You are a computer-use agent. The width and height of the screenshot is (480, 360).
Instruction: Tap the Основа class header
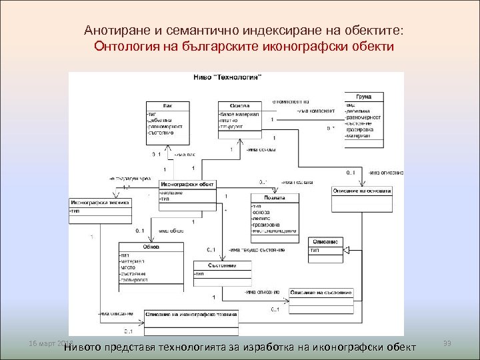pyautogui.click(x=239, y=105)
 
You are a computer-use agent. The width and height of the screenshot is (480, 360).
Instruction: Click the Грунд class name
pyautogui.click(x=363, y=96)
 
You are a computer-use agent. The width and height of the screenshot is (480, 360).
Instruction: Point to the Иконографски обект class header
pyautogui.click(x=187, y=185)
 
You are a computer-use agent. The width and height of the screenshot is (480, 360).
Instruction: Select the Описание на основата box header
pyautogui.click(x=362, y=191)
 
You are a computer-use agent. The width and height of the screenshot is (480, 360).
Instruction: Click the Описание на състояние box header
pyautogui.click(x=321, y=294)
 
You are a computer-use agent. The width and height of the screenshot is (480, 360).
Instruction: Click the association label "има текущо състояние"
pyautogui.click(x=259, y=250)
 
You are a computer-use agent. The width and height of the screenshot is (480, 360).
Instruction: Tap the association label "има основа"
pyautogui.click(x=259, y=149)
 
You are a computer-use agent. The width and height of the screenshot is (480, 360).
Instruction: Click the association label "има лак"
pyautogui.click(x=183, y=155)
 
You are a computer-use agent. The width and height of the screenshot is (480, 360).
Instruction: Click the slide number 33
pyautogui.click(x=447, y=343)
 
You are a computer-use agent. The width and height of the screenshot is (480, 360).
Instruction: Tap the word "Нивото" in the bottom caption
pyautogui.click(x=91, y=347)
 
